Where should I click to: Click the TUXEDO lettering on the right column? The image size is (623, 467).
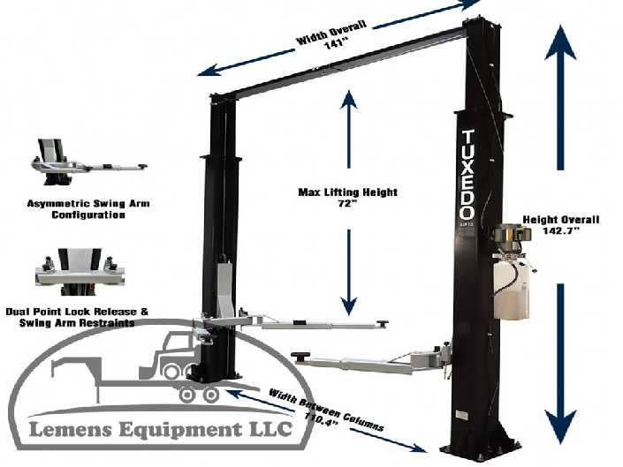pyautogui.click(x=467, y=175)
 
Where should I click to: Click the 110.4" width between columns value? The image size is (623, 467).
pyautogui.click(x=322, y=411)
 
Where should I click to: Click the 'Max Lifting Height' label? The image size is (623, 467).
pyautogui.click(x=346, y=192)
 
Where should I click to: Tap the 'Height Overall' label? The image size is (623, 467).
pyautogui.click(x=561, y=219)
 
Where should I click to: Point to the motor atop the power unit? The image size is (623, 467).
pyautogui.click(x=512, y=234)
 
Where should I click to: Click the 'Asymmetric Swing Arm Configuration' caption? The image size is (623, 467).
pyautogui.click(x=87, y=208)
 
